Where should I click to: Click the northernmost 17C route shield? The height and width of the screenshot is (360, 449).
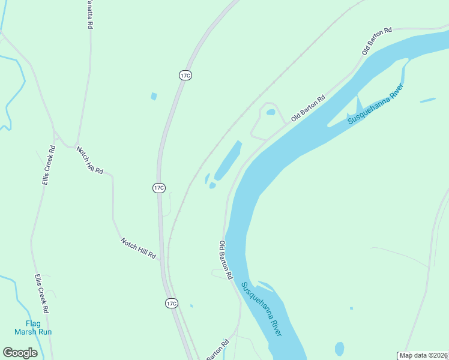(185, 75)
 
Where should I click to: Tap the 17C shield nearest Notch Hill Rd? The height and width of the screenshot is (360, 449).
(158, 188)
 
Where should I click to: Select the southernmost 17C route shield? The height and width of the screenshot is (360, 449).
(172, 303)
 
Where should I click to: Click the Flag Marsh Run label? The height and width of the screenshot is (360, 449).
(34, 328)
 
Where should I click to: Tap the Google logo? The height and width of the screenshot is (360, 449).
(20, 353)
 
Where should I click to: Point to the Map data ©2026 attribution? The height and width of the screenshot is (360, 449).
(424, 355)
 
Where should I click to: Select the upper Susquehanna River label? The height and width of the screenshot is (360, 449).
(376, 104)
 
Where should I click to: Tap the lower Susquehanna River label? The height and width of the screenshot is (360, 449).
(261, 308)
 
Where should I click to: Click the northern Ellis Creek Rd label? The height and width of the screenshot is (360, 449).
(49, 165)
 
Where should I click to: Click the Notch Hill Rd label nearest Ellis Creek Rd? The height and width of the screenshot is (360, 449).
(90, 160)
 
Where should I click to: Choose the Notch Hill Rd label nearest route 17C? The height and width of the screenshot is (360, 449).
(138, 247)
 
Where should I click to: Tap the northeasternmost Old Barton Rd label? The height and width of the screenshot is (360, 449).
(377, 41)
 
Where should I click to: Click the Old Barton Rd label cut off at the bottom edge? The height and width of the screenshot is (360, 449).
(218, 351)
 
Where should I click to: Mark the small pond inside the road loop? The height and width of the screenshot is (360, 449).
(271, 112)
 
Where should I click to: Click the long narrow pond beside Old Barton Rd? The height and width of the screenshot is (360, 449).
(229, 160)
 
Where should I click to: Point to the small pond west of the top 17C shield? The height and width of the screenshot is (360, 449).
(154, 96)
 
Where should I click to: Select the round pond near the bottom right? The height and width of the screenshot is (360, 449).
(340, 349)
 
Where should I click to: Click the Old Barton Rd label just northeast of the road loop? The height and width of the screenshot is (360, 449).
(308, 108)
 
